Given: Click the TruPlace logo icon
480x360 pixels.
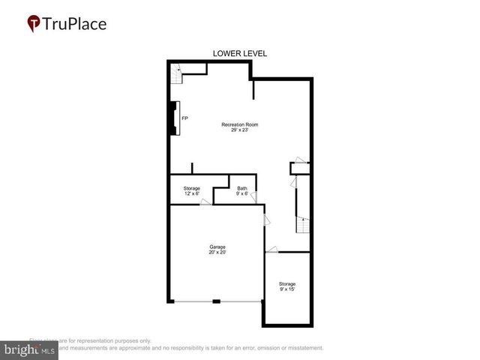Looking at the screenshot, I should (x=34, y=24).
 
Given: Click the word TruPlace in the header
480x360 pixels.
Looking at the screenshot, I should (x=75, y=24).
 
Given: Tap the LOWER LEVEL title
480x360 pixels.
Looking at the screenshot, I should (x=240, y=53).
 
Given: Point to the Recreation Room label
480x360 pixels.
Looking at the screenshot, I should (x=240, y=124).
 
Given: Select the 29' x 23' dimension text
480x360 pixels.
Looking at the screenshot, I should (x=240, y=131).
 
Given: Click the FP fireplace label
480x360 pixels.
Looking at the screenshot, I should (x=184, y=118).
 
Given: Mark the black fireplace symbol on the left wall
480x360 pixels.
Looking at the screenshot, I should (x=173, y=118).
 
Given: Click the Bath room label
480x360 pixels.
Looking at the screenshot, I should (x=242, y=188).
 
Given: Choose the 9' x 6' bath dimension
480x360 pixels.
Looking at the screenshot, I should (x=242, y=194).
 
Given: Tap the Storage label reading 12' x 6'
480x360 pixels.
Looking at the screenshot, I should (x=192, y=191).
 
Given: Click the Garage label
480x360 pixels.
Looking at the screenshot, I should (x=217, y=247).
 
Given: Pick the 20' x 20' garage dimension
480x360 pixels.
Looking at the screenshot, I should (x=217, y=253).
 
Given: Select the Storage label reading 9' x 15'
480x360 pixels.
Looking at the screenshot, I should (x=287, y=286).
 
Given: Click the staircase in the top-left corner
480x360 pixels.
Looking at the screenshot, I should (x=178, y=74).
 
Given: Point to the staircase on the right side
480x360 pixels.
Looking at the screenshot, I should (x=301, y=224).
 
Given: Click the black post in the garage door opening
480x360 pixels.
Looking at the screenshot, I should (x=216, y=301).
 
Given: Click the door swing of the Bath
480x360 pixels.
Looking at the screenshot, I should (x=253, y=197).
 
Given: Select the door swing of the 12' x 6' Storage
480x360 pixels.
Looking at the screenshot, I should (x=205, y=202).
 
